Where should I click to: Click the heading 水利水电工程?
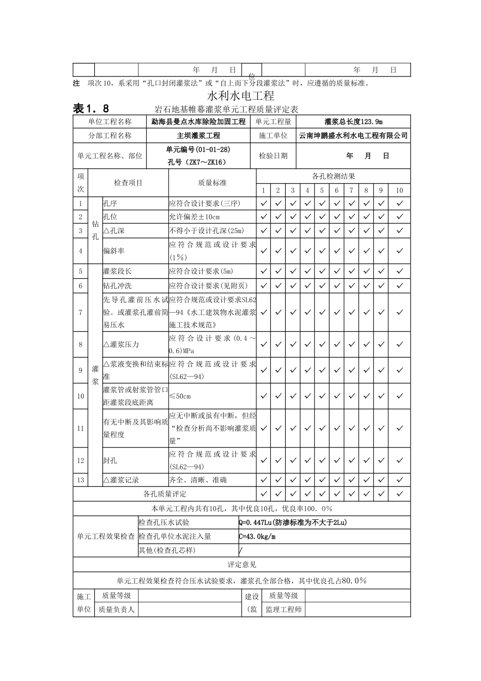pyautogui.click(x=241, y=96)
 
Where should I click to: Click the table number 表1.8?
pyautogui.click(x=91, y=108)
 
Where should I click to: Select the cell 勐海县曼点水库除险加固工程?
pyautogui.click(x=198, y=122)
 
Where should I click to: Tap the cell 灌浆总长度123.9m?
pyautogui.click(x=353, y=122)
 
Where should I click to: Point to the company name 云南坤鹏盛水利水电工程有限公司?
pyautogui.click(x=353, y=136)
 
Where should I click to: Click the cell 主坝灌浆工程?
pyautogui.click(x=198, y=136)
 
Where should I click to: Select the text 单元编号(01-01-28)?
pyautogui.click(x=198, y=149)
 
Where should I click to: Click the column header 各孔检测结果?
pyautogui.click(x=334, y=176)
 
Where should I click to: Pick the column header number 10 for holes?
pyautogui.click(x=399, y=191)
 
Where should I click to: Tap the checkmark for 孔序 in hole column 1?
pyautogui.click(x=263, y=203)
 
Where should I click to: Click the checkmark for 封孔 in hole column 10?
pyautogui.click(x=399, y=461)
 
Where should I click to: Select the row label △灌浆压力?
pyautogui.click(x=122, y=345)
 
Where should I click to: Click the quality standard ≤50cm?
pyautogui.click(x=180, y=396)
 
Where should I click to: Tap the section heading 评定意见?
pyautogui.click(x=242, y=564)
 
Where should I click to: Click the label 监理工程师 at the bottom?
pyautogui.click(x=284, y=610)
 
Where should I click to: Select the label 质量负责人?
pyautogui.click(x=116, y=610)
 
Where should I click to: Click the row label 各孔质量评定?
pyautogui.click(x=165, y=494)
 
